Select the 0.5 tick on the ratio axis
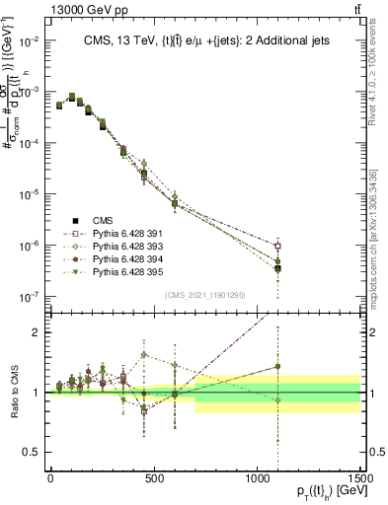[x=35, y=453]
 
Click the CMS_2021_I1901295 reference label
[x=204, y=295]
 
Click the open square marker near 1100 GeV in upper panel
[x=278, y=246]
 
